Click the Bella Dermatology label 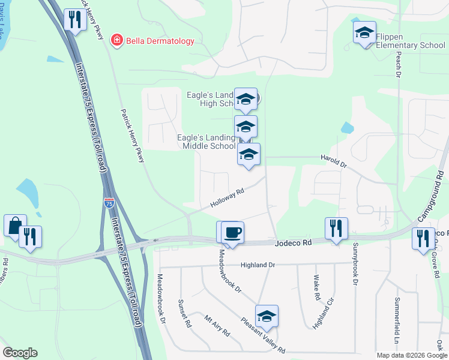[160, 41]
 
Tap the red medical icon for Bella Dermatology [115, 40]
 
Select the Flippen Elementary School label [411, 41]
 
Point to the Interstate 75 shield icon [109, 203]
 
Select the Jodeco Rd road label [294, 243]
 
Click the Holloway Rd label [227, 198]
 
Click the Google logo [20, 353]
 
